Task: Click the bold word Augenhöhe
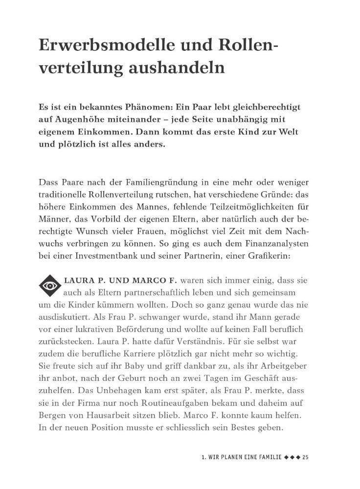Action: point(83,120)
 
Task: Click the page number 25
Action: point(306,457)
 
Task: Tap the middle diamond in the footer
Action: point(292,457)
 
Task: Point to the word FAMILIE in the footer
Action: point(268,457)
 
